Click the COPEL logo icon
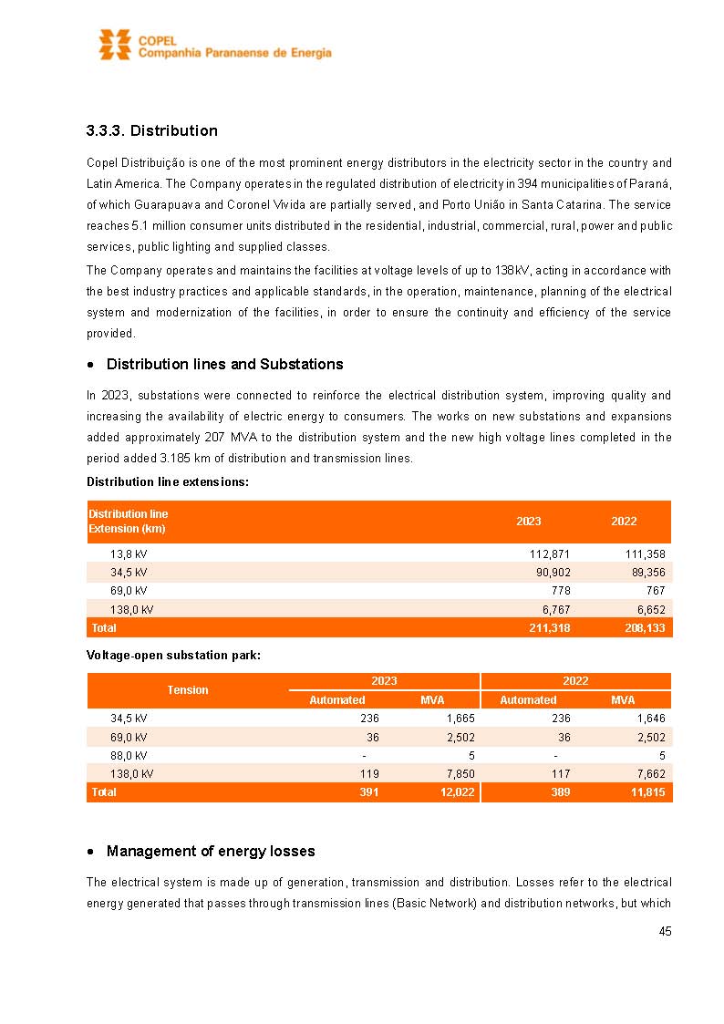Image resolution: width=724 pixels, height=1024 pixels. pos(115,44)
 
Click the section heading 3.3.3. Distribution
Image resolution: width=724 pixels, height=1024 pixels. pos(151,131)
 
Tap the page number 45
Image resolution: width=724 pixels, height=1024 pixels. pos(665,931)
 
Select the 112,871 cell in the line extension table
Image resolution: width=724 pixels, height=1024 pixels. pos(549,554)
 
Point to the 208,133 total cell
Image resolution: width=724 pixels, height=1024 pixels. pos(645,628)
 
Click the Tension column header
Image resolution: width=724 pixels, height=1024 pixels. pos(188,690)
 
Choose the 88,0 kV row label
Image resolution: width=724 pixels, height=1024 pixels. pos(129,755)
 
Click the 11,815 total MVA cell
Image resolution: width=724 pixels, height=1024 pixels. pos(647,792)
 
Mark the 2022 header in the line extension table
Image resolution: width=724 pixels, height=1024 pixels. pos(624,522)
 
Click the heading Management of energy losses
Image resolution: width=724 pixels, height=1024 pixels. pos(211,852)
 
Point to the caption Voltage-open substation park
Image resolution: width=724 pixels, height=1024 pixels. pos(173,656)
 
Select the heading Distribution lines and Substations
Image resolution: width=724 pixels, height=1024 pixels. pos(224,365)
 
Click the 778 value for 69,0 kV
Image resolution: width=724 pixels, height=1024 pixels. pos(560,591)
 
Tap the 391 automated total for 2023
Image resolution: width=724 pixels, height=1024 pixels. pos(368,792)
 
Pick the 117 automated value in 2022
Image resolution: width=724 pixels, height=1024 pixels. pos(561,773)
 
